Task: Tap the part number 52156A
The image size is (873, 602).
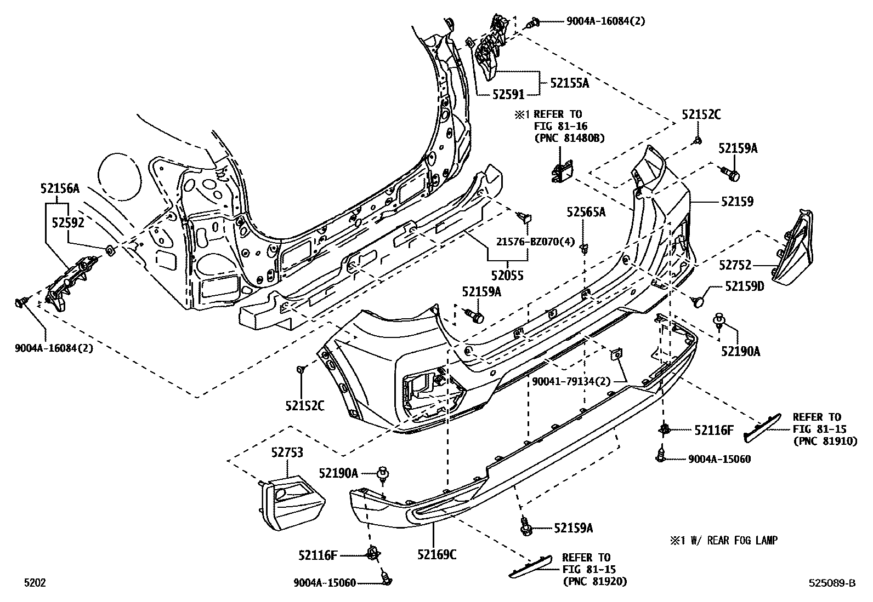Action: pyautogui.click(x=59, y=189)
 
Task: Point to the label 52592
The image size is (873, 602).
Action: pyautogui.click(x=67, y=222)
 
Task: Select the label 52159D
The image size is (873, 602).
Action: pyautogui.click(x=744, y=286)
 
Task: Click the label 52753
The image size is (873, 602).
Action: pyautogui.click(x=287, y=452)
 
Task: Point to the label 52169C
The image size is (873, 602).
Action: pyautogui.click(x=437, y=555)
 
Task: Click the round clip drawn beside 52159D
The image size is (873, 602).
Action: pyautogui.click(x=699, y=300)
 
